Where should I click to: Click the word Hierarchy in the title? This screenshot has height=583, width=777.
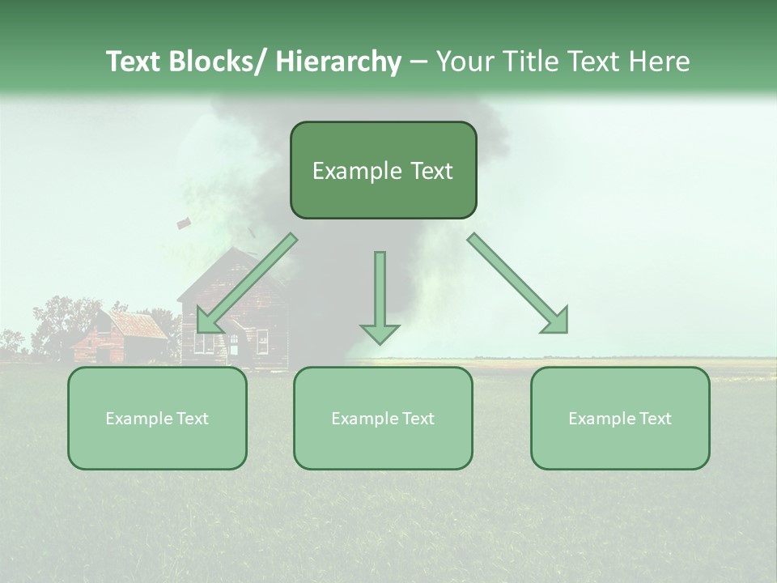click(x=338, y=62)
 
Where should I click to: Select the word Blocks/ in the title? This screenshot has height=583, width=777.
click(x=214, y=62)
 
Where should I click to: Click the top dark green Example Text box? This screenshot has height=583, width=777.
click(x=383, y=170)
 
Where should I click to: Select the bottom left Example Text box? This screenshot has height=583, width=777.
click(x=157, y=418)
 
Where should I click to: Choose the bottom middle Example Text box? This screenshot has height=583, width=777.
click(x=383, y=418)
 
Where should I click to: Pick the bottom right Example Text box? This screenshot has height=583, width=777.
click(x=620, y=418)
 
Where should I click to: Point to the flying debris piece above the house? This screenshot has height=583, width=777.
click(x=184, y=222)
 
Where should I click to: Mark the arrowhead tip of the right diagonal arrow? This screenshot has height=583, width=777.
click(x=566, y=332)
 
